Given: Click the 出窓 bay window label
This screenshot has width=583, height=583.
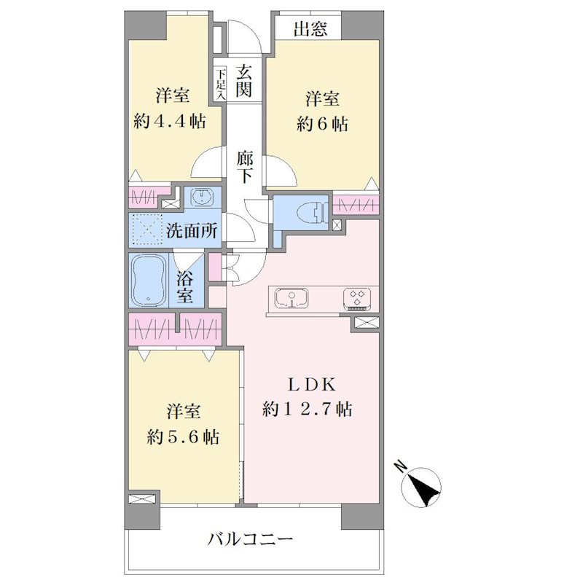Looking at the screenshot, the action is coord(310,28).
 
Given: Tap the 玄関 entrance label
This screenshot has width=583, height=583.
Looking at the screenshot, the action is coord(244,81).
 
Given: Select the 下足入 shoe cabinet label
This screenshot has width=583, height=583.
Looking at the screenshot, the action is coord(221,84).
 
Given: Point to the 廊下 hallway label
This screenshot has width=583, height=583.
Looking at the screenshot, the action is coord(245,168).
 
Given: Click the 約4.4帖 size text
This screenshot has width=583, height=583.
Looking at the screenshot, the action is coord(170,121).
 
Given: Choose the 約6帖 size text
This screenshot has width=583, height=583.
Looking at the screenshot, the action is coord(322,124).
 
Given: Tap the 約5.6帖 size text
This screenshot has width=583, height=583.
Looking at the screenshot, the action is coord(183,437).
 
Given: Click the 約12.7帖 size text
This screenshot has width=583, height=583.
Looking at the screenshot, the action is coord(308,410).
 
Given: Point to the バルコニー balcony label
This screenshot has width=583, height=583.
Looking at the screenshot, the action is coord(250,539).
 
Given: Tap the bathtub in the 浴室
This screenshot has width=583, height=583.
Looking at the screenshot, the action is coord(149,280).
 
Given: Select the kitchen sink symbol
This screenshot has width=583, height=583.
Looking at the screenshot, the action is coord(291,299).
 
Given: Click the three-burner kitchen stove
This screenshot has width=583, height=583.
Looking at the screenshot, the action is coord(357,299).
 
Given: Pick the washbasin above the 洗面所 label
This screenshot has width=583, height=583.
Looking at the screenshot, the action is coord(202,197).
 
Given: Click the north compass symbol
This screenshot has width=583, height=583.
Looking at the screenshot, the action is coord(422,487).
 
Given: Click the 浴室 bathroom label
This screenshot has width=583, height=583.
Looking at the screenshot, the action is coord(185,286).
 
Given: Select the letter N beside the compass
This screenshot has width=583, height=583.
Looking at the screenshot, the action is coord(400,466).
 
